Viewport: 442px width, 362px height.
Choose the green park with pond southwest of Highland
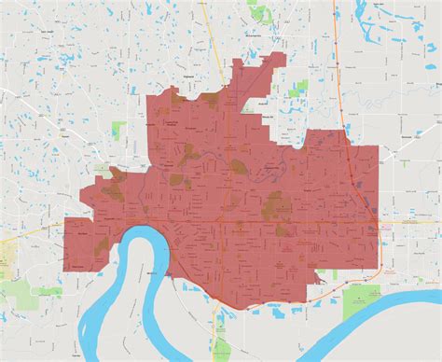pos(118,131)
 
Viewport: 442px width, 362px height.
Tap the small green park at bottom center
pos(221,326)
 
